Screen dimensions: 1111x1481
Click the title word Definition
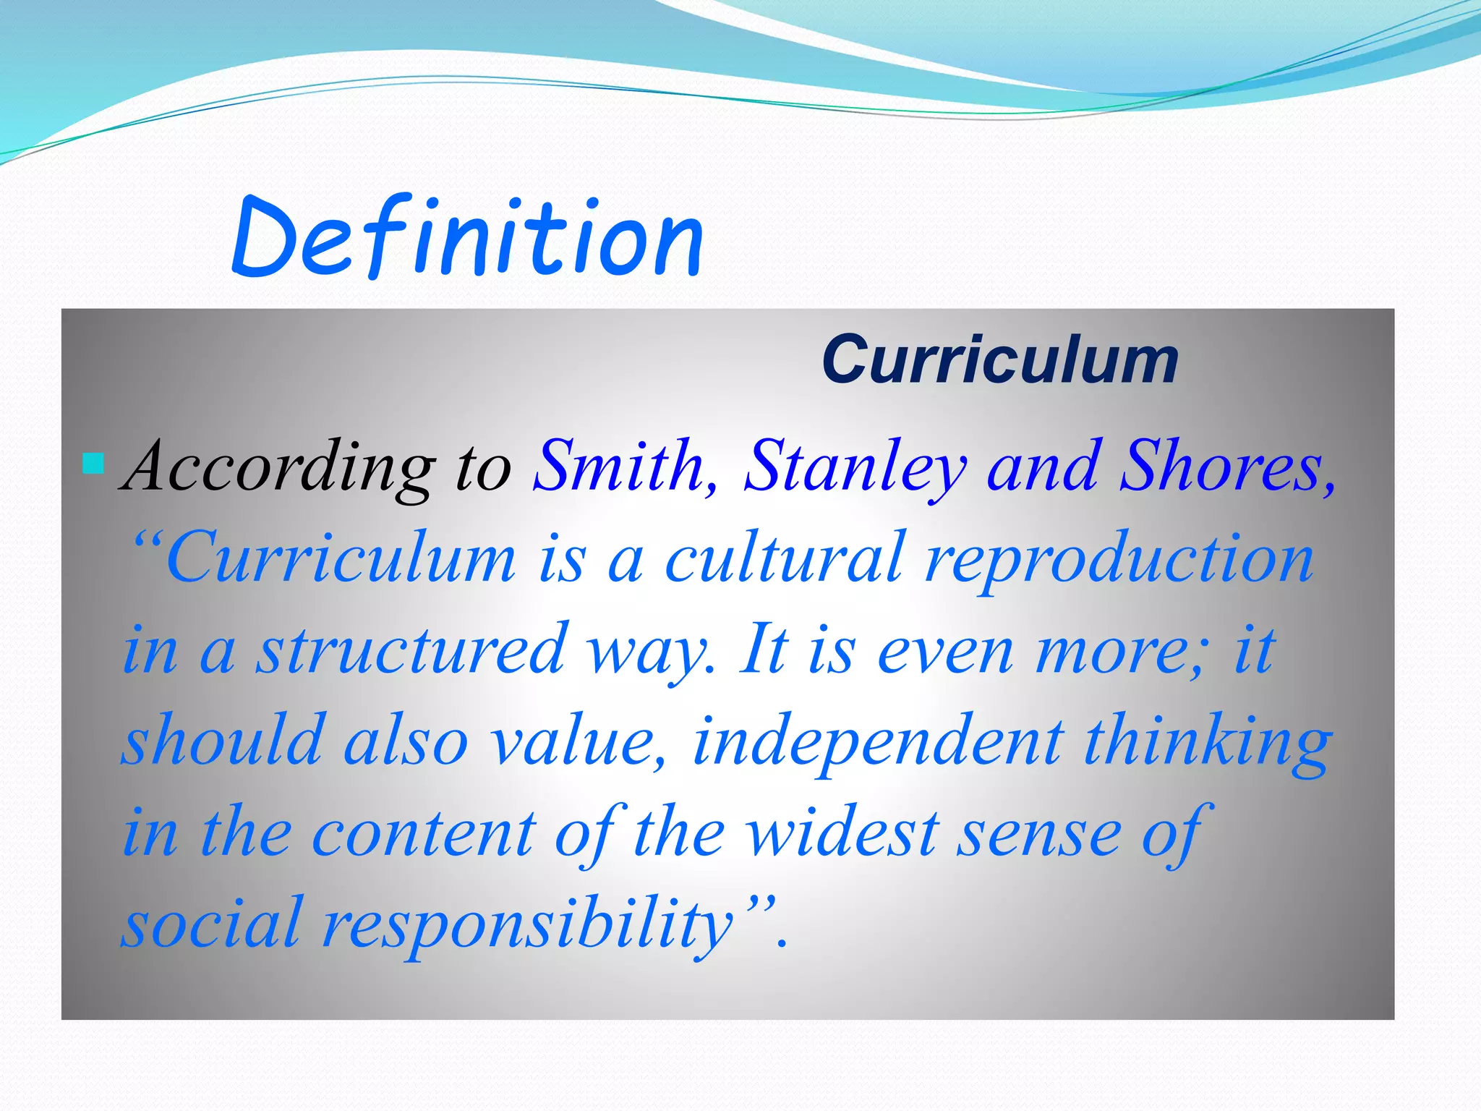tap(467, 239)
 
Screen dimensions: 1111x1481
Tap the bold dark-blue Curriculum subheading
tap(1000, 359)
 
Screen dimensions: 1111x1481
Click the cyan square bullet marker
tap(93, 463)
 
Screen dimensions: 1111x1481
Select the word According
tap(281, 469)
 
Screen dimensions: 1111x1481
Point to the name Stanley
tap(855, 469)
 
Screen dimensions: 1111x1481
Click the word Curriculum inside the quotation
tap(340, 558)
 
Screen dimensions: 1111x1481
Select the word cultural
tap(784, 558)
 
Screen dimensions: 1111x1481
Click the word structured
tap(412, 650)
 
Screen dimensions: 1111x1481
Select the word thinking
tap(1208, 742)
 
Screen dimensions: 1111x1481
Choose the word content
tap(424, 833)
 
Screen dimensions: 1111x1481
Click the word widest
tap(843, 833)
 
